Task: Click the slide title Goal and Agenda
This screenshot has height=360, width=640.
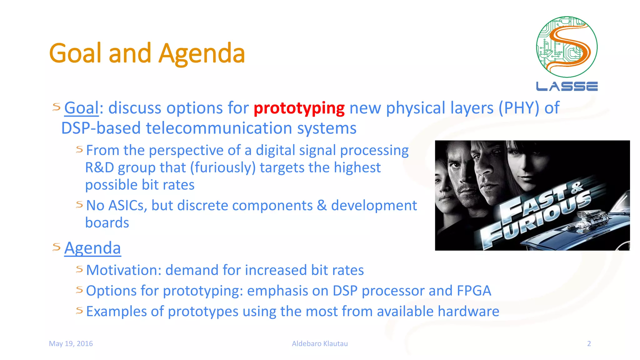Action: tap(147, 53)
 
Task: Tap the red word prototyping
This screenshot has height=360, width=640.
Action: tap(299, 108)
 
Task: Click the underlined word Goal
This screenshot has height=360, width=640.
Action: tap(81, 108)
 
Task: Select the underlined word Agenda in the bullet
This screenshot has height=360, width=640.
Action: tap(92, 248)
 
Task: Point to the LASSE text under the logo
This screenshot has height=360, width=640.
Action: tap(567, 87)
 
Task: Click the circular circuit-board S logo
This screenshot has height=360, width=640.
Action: tap(567, 47)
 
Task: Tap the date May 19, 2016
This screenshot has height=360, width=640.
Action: tap(71, 343)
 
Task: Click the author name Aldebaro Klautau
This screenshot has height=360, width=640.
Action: tap(320, 343)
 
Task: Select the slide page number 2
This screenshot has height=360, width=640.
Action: tap(589, 343)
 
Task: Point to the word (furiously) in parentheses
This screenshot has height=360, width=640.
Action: tap(223, 168)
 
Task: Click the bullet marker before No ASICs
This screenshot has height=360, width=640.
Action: tap(79, 205)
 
